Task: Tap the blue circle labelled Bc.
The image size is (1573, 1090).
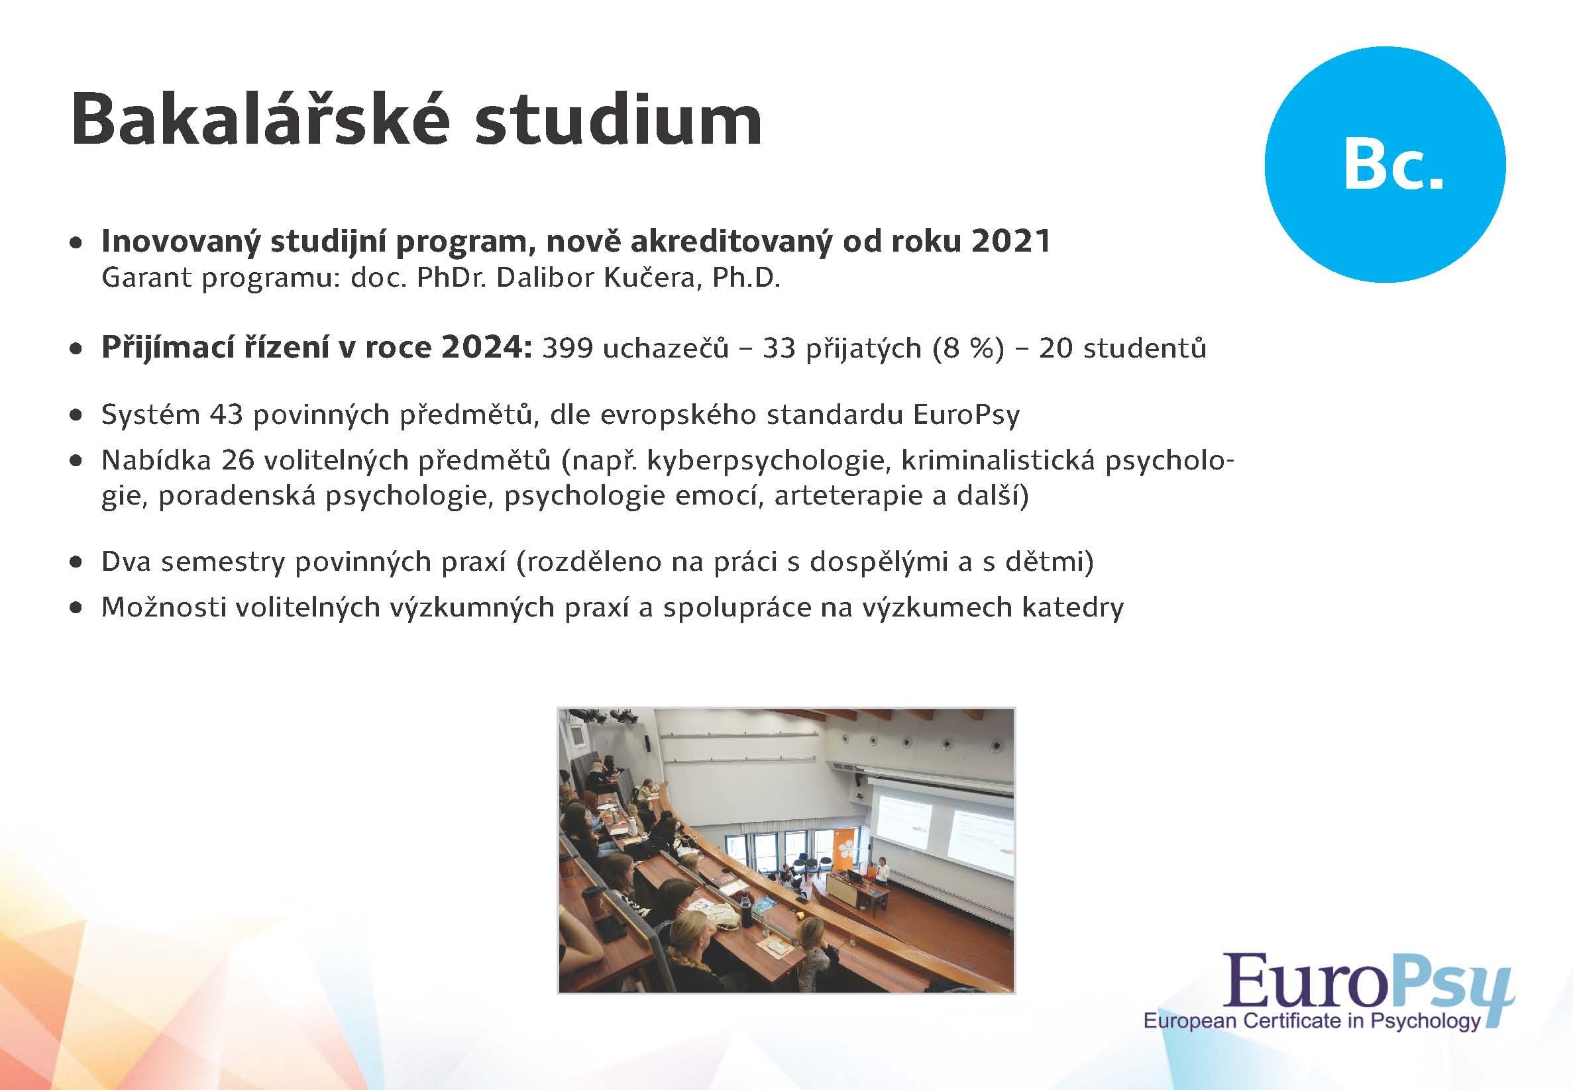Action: [x=1384, y=165]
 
